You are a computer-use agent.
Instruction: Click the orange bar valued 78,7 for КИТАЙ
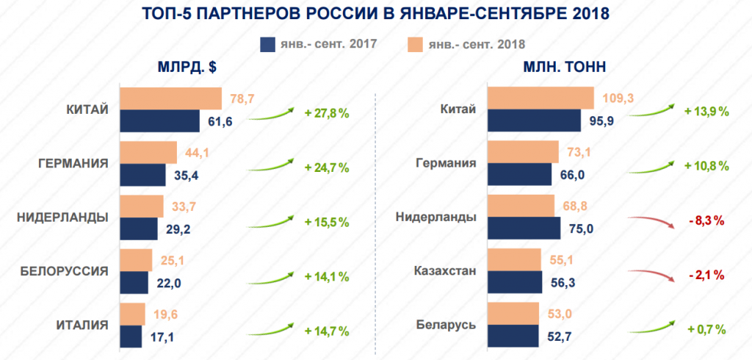click(170, 98)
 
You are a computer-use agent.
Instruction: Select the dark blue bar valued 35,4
click(142, 175)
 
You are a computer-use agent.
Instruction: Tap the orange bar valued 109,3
click(540, 98)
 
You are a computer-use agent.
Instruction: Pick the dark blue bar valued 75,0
click(524, 228)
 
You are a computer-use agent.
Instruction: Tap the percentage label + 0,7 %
click(706, 328)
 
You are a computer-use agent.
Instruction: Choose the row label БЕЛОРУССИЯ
click(65, 271)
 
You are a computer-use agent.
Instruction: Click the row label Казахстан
click(448, 271)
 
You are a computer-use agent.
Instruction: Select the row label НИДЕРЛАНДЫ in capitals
click(62, 217)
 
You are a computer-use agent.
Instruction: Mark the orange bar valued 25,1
click(136, 260)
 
